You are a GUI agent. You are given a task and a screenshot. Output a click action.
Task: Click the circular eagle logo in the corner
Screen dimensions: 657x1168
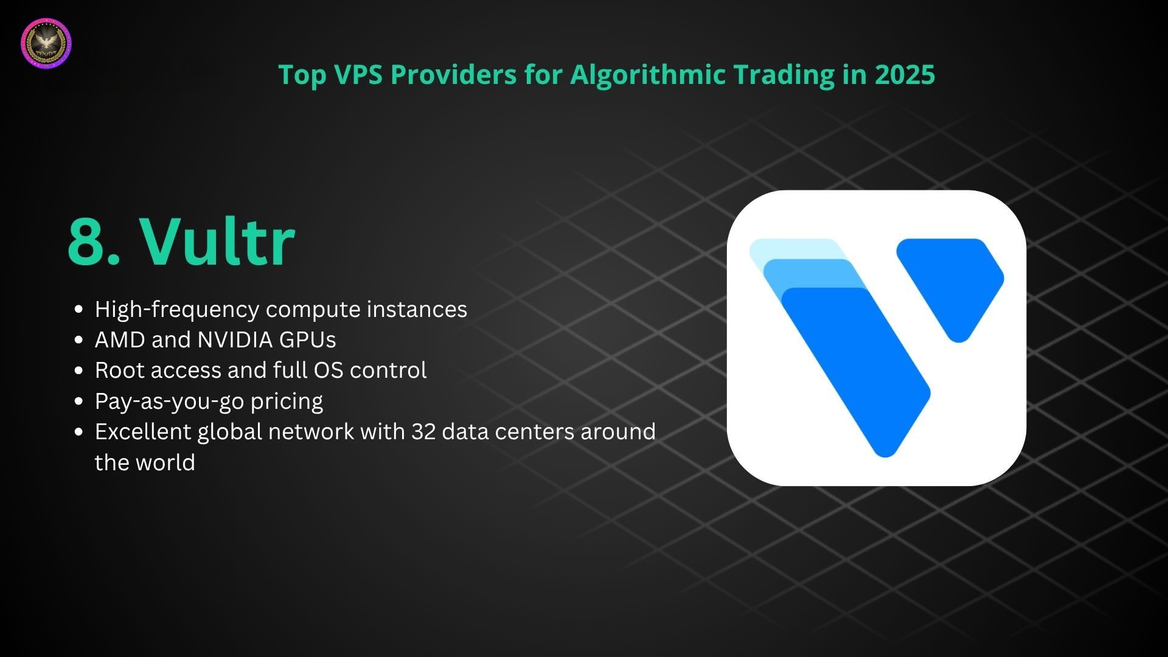tap(46, 43)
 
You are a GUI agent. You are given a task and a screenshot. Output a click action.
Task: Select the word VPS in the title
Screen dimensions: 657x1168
tap(359, 74)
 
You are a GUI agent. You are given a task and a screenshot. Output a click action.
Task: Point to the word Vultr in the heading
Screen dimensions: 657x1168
tap(217, 241)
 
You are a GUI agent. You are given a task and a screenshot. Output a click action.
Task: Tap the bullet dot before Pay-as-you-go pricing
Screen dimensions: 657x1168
tap(78, 401)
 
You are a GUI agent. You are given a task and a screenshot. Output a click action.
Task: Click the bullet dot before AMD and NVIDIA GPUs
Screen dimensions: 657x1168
tap(78, 340)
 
